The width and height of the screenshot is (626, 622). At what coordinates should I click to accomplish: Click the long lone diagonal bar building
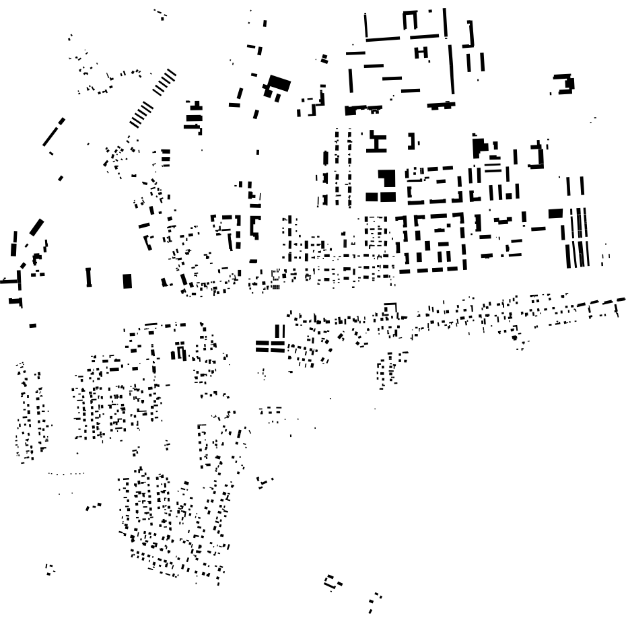[53, 132]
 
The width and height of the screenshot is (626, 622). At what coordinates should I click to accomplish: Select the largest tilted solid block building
[277, 85]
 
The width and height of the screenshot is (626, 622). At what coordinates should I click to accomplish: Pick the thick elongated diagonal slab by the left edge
[36, 228]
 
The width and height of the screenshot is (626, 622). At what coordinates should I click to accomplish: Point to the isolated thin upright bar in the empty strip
[88, 277]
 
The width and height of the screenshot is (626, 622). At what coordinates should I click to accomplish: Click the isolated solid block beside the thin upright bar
[127, 281]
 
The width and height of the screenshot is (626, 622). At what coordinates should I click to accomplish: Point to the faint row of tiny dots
[66, 474]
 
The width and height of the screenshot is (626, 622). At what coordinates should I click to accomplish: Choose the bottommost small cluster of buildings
[374, 600]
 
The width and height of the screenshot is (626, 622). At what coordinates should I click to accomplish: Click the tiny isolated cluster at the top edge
[160, 13]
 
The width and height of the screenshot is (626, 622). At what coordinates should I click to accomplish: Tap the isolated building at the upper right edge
[564, 85]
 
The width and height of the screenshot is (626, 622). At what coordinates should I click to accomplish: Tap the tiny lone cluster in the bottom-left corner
[50, 569]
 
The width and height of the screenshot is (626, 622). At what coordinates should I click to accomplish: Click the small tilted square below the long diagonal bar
[61, 178]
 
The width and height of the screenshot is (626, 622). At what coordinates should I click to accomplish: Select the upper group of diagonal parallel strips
[164, 83]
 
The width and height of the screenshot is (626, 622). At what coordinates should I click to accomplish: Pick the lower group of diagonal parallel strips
[141, 112]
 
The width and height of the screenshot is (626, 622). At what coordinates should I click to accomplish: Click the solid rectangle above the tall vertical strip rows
[555, 213]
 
